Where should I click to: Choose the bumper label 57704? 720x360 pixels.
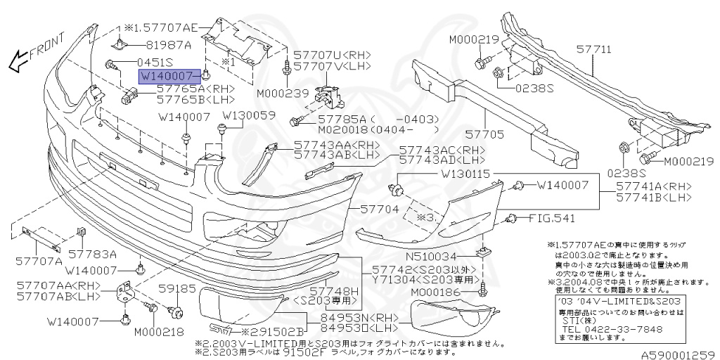(x=380, y=210)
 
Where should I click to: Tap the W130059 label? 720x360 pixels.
(x=250, y=115)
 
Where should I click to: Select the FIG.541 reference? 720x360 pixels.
(x=552, y=218)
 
